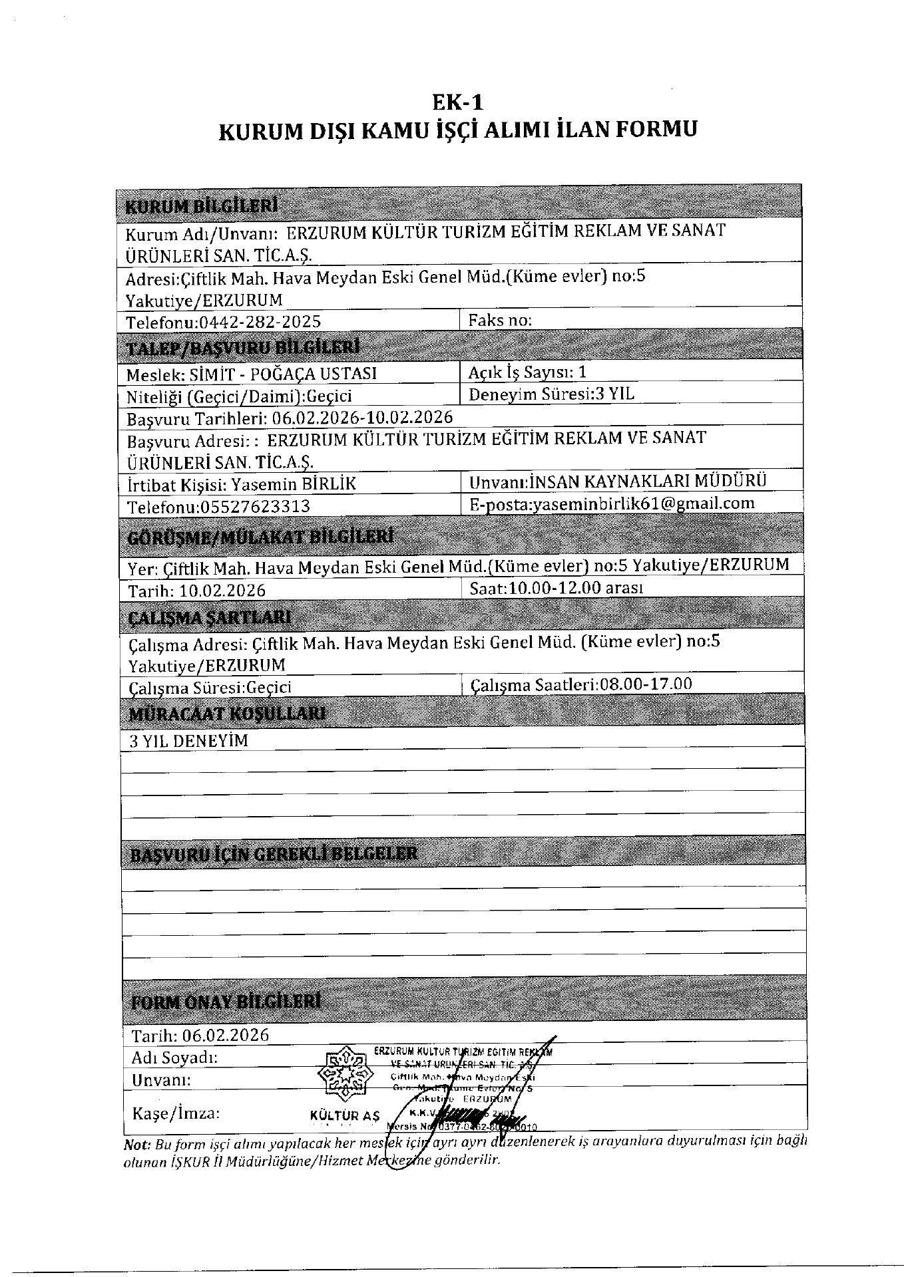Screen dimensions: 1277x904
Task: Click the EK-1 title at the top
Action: point(457,102)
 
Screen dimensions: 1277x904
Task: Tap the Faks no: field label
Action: point(500,320)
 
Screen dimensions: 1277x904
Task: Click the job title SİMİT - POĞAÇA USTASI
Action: point(284,374)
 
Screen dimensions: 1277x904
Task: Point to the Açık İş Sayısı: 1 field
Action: point(527,372)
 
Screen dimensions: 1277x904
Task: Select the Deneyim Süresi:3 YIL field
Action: point(551,394)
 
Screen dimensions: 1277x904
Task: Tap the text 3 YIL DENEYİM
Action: point(188,741)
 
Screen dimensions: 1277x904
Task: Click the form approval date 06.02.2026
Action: point(226,1035)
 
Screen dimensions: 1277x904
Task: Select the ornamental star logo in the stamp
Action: point(344,1075)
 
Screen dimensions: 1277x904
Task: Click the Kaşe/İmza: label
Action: point(176,1113)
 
